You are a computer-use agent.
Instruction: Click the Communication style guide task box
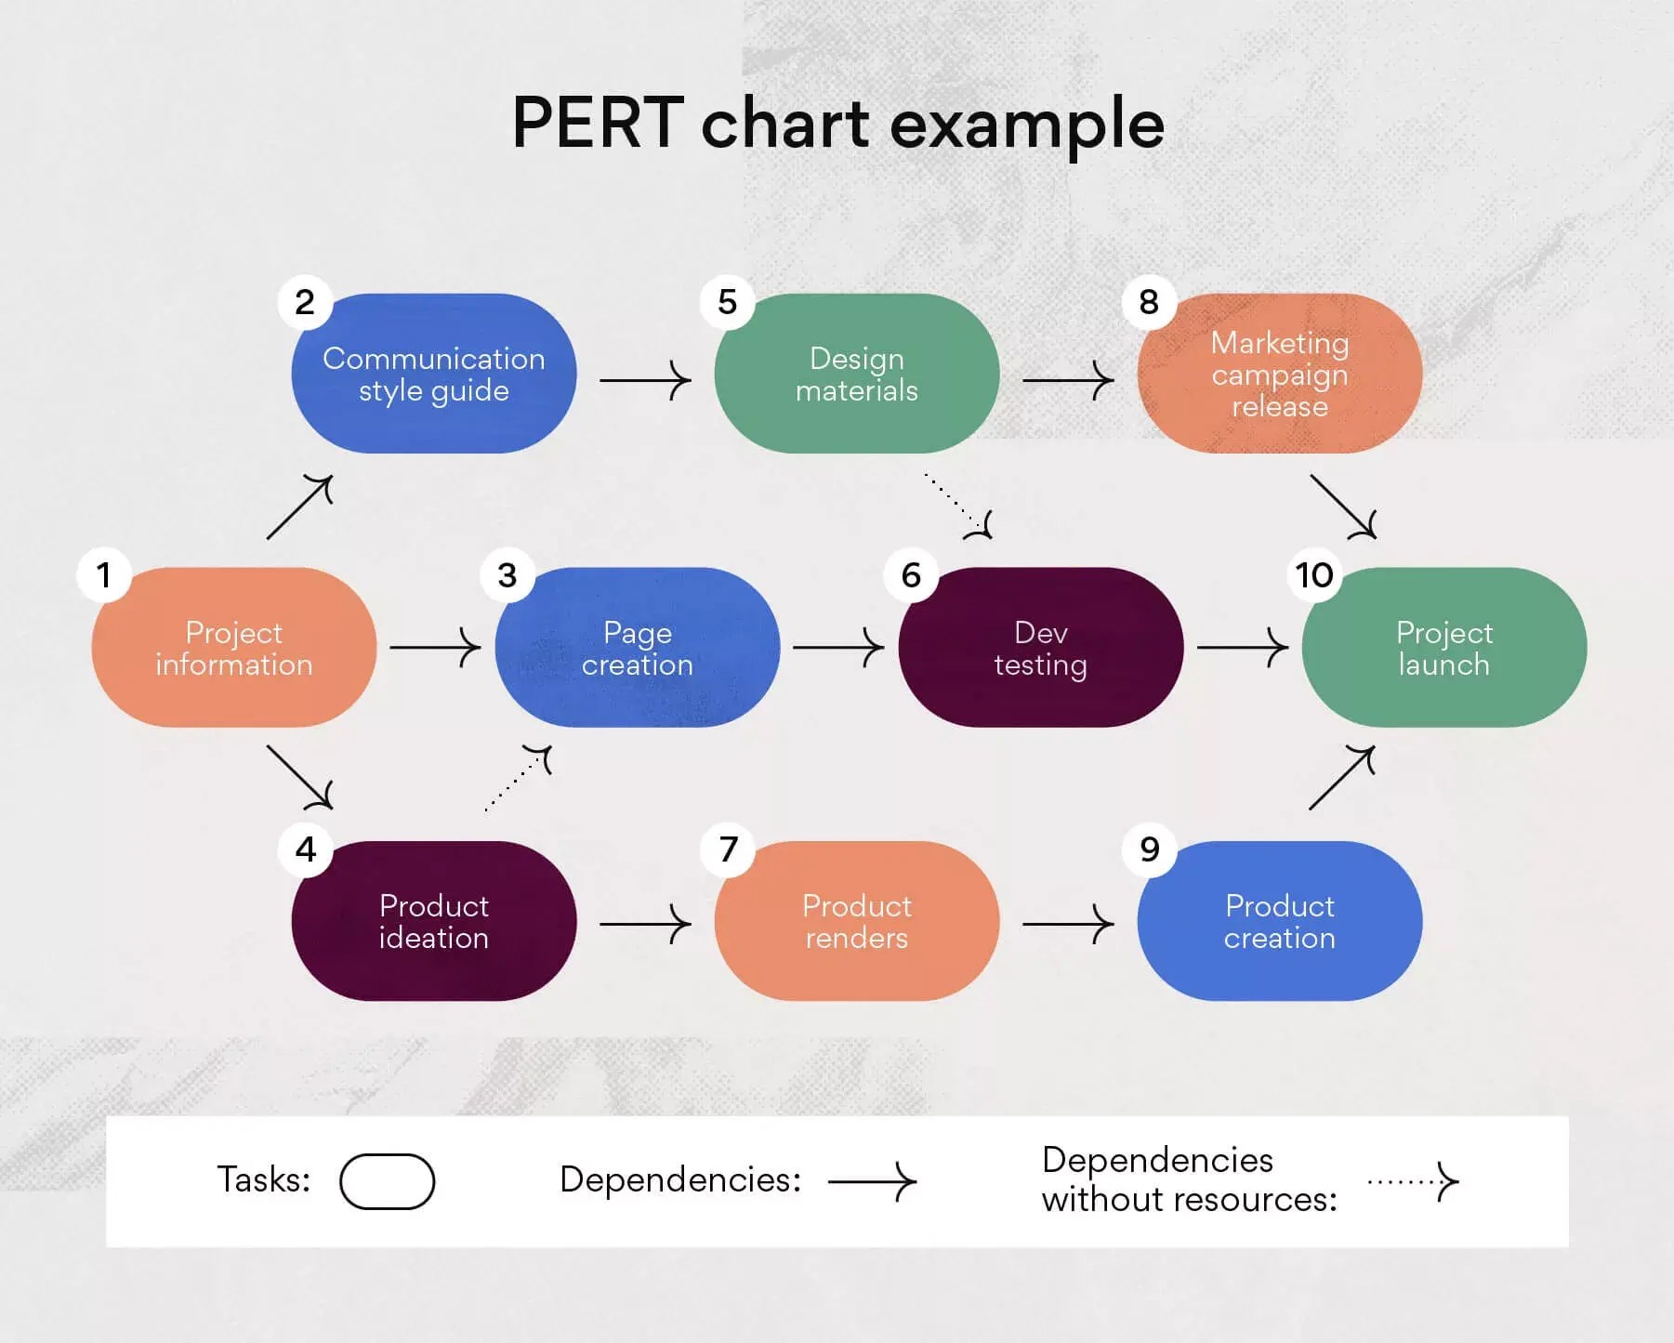[x=434, y=374]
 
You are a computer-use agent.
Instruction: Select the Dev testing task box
[x=1040, y=648]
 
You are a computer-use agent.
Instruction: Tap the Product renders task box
[x=856, y=921]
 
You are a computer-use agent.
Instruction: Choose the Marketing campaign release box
[x=1279, y=374]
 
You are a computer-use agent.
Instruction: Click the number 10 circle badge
[x=1314, y=575]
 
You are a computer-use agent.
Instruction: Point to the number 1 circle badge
[x=104, y=575]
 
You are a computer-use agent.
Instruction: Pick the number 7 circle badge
[x=728, y=849]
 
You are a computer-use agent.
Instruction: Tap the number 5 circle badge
[x=728, y=302]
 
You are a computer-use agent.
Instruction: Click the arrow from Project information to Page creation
[x=435, y=647]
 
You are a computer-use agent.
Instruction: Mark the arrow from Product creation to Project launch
[x=1341, y=778]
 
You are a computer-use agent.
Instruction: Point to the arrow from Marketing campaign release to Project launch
[x=1342, y=507]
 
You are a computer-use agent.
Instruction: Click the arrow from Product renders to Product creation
[x=1067, y=924]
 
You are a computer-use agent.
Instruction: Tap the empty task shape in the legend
[x=387, y=1181]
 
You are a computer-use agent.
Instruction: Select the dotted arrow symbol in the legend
[x=1413, y=1182]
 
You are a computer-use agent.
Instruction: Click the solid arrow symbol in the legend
[x=872, y=1182]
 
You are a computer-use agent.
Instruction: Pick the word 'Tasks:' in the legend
[x=263, y=1179]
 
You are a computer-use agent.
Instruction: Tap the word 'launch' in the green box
[x=1443, y=665]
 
